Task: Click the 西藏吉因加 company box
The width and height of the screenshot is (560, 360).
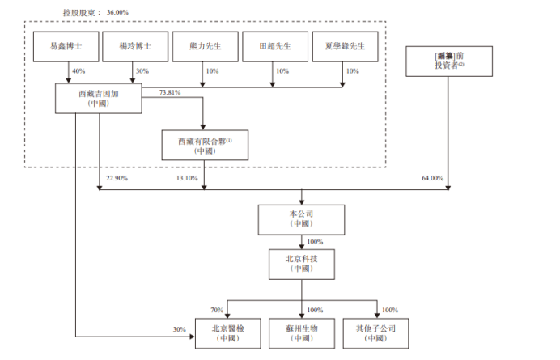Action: pyautogui.click(x=100, y=100)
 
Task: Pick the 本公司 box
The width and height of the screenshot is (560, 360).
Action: pyautogui.click(x=302, y=218)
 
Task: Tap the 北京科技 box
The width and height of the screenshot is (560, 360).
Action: pyautogui.click(x=302, y=263)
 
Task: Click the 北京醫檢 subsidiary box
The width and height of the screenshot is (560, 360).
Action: pyautogui.click(x=228, y=333)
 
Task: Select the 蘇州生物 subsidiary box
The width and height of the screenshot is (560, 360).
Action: pyautogui.click(x=302, y=333)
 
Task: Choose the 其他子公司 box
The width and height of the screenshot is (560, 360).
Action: pyautogui.click(x=376, y=333)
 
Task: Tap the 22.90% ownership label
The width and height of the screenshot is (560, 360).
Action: pyautogui.click(x=117, y=178)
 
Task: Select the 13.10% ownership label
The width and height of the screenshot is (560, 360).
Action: pyautogui.click(x=186, y=178)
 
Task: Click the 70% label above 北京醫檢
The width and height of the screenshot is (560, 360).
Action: pyautogui.click(x=216, y=310)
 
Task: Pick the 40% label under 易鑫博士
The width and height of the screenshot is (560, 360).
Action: pyautogui.click(x=78, y=72)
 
